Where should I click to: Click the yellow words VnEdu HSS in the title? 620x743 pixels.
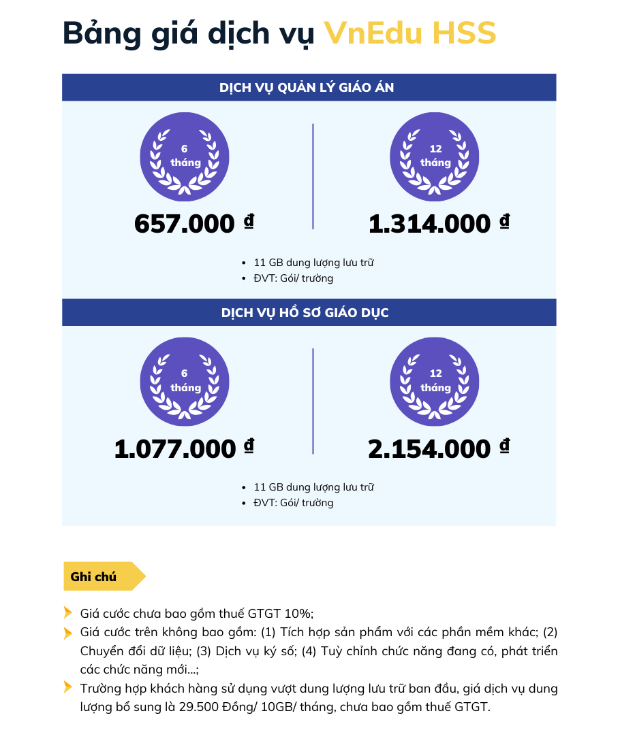[x=409, y=33]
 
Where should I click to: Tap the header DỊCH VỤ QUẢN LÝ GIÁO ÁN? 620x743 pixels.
[x=307, y=88]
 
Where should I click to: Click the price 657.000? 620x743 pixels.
[x=184, y=224]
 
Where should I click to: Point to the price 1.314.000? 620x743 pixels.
[x=429, y=224]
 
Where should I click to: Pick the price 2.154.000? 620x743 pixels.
[x=429, y=449]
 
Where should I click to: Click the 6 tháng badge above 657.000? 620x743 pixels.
[x=185, y=156]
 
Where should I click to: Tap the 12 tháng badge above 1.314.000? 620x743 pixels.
[x=435, y=156]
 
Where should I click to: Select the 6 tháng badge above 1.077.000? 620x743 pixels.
[x=185, y=382]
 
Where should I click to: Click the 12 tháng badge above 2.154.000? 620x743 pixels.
[x=435, y=382]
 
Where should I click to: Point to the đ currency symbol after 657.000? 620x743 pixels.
[x=249, y=221]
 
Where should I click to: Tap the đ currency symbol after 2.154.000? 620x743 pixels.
[x=504, y=446]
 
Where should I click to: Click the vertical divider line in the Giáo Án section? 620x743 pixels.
[x=313, y=176]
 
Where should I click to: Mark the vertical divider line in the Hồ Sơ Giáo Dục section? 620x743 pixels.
[x=313, y=401]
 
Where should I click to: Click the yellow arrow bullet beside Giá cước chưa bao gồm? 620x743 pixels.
[x=67, y=612]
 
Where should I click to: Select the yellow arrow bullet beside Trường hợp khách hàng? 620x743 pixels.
[x=67, y=687]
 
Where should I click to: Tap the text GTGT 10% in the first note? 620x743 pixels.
[x=283, y=612]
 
